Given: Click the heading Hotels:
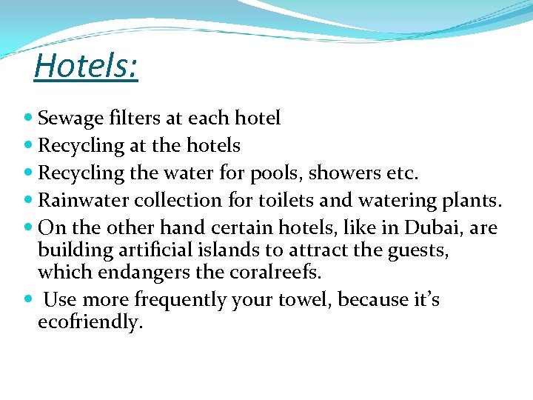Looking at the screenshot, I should [x=86, y=65].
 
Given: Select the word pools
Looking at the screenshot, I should [x=278, y=173].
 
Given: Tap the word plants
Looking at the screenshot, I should [x=475, y=201].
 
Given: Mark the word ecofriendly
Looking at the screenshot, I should [x=90, y=323].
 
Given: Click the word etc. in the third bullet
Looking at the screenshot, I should [x=402, y=173].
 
